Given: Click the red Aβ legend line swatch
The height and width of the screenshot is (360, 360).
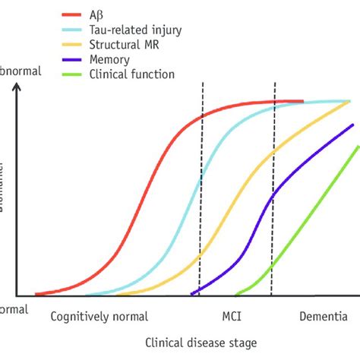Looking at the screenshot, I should pos(72,14).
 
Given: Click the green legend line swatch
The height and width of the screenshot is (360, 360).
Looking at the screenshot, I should pos(72,74).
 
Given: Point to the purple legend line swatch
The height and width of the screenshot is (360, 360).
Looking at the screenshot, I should pos(72,59).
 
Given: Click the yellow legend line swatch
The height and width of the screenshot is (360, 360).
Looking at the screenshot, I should pos(72,44).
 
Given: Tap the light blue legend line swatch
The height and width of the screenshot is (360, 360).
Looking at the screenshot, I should pos(72,29).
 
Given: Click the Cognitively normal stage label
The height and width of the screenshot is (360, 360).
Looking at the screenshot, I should pos(99,316).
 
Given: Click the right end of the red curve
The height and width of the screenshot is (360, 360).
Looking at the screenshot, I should pos(302,101).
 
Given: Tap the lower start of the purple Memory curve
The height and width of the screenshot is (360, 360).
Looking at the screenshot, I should pos(192,293).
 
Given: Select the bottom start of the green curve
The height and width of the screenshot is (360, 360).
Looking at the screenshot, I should pos(237,294).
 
